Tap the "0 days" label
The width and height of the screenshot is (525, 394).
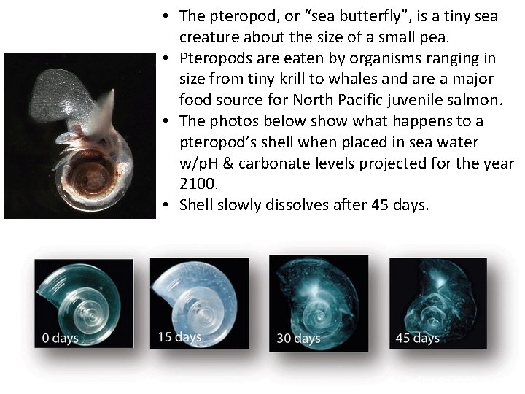pos(61,338)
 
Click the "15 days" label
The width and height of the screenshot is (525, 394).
pos(179,336)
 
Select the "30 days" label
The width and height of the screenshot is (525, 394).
pos(298,338)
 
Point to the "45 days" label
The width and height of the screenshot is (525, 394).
pos(417,338)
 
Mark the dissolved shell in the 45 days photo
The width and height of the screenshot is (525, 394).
pos(436,299)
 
